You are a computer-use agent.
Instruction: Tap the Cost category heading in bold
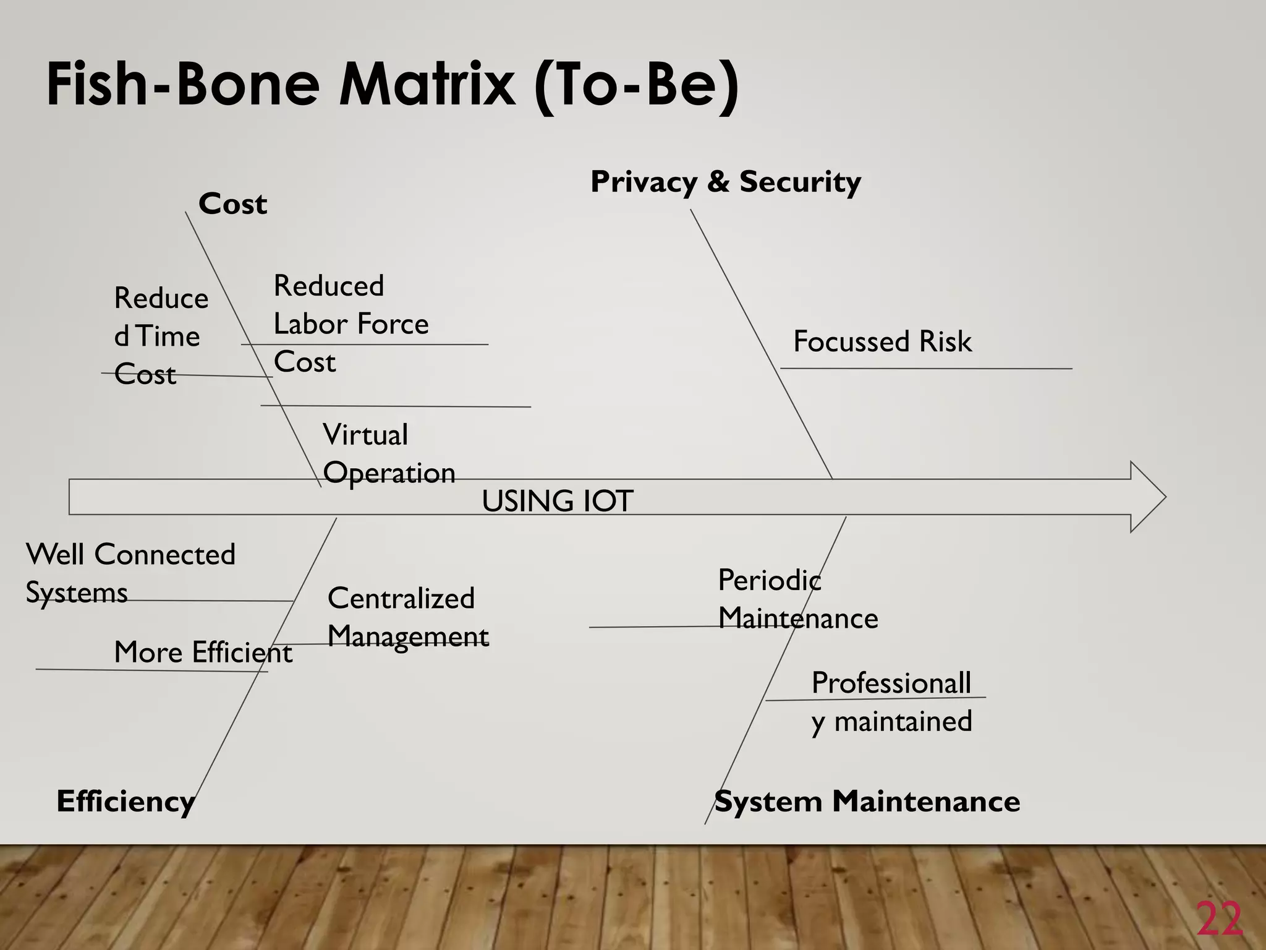[x=232, y=204]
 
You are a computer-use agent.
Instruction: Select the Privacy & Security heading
[x=725, y=182]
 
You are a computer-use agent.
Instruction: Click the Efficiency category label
[x=125, y=802]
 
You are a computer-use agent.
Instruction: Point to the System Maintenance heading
[x=867, y=802]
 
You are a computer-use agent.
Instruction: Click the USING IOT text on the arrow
[x=557, y=501]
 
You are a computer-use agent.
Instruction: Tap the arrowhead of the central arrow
[x=1148, y=497]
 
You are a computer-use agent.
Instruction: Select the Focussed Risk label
[x=882, y=341]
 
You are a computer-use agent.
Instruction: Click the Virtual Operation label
[x=388, y=454]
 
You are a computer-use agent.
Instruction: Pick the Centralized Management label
[x=407, y=617]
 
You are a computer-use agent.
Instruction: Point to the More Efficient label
[x=203, y=653]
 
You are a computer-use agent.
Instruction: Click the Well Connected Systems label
[x=130, y=573]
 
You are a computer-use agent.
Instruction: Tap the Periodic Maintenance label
[x=797, y=599]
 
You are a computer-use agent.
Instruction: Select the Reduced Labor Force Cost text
[x=350, y=323]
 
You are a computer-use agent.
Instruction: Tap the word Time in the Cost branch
[x=168, y=336]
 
